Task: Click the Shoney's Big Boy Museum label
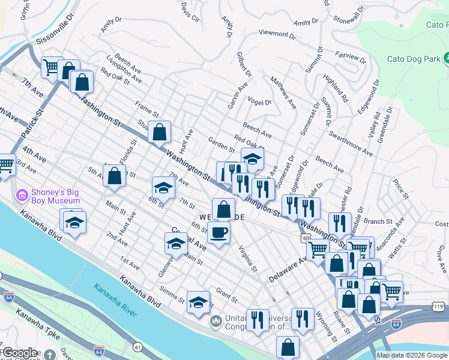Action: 58,195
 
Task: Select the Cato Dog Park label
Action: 413,59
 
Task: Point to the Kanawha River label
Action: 115,298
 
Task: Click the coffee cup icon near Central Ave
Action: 219,232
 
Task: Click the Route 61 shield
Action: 138,347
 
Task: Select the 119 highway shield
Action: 439,307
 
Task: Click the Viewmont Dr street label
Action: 277,34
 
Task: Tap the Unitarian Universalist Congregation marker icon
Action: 215,322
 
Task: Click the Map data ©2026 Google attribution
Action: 412,355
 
